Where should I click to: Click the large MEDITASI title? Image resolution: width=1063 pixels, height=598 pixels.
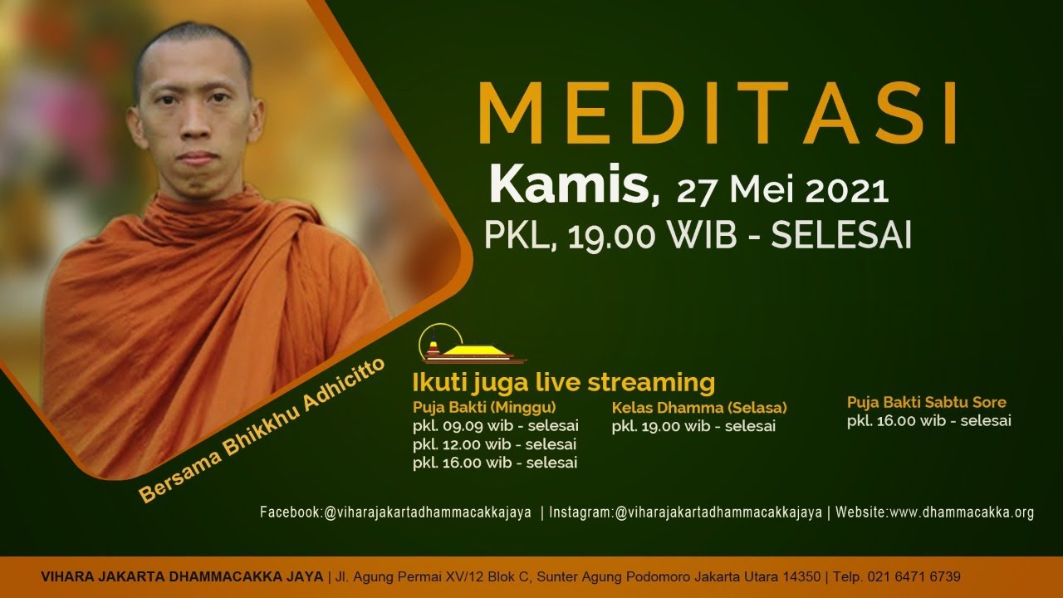tap(718, 113)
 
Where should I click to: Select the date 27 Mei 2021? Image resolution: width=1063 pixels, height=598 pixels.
tap(783, 191)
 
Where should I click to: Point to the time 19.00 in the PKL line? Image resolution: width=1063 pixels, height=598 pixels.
tap(612, 235)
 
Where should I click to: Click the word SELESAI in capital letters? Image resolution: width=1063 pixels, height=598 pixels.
tap(841, 234)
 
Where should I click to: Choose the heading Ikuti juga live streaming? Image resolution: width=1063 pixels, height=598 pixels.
tap(564, 383)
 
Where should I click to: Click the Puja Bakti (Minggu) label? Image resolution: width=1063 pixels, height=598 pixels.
tap(484, 408)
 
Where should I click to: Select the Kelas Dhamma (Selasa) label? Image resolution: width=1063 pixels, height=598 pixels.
tap(699, 408)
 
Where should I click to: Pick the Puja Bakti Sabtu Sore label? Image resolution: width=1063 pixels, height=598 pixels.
tap(926, 403)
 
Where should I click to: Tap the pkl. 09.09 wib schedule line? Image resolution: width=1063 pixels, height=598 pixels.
tap(496, 426)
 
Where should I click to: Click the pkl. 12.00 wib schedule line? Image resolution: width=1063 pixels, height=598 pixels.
tap(494, 444)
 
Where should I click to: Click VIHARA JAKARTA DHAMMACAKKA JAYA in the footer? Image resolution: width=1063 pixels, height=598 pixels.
tap(182, 576)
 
